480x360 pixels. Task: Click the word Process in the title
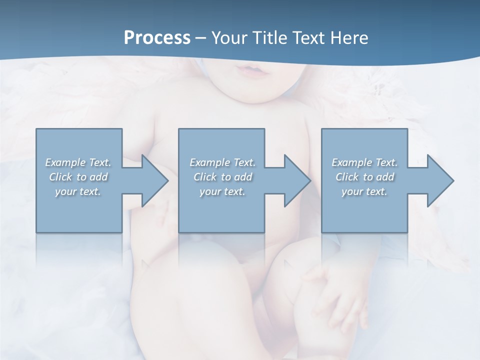[x=157, y=38]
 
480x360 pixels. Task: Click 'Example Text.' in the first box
[x=78, y=162]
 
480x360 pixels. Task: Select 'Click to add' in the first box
[x=78, y=177]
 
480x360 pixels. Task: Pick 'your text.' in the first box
[x=78, y=191]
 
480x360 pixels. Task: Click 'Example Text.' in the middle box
[x=222, y=162]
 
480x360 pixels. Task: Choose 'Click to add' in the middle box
[x=222, y=177]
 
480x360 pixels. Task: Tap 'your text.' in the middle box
[x=222, y=191]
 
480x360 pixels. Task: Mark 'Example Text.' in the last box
[x=364, y=162]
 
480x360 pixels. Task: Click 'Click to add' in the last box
[x=364, y=177]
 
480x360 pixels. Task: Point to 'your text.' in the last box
[x=364, y=191]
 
